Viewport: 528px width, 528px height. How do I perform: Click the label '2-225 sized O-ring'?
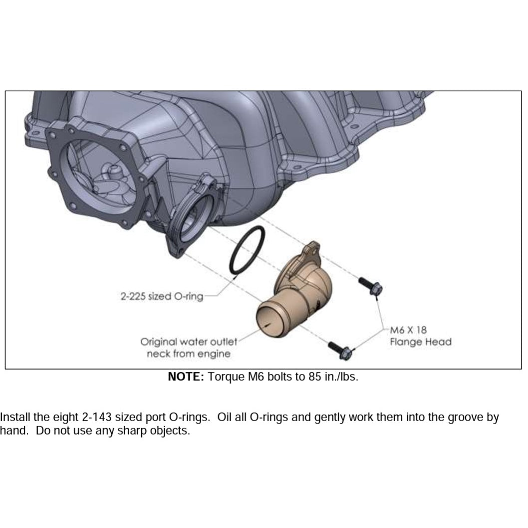(x=162, y=296)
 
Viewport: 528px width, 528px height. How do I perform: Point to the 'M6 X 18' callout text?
(x=408, y=330)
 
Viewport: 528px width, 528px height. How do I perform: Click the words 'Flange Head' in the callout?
(x=421, y=342)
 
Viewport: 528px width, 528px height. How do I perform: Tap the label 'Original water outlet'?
(x=189, y=342)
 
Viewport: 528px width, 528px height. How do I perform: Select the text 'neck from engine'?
(x=189, y=354)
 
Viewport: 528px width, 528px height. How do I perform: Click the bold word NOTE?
(x=186, y=376)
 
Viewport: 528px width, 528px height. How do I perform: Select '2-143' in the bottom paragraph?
(x=97, y=417)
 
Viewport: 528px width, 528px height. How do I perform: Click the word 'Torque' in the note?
(x=226, y=377)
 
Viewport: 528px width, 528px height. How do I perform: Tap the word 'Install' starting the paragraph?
(x=15, y=417)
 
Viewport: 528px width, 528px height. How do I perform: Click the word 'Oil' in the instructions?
(x=224, y=417)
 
